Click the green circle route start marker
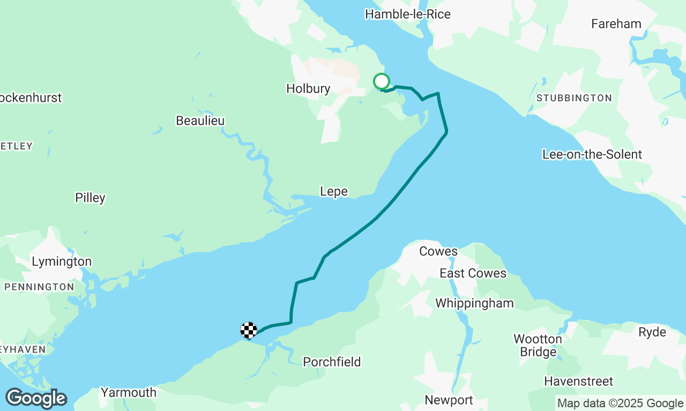[381, 81]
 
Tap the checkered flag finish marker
[249, 331]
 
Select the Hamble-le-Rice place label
[407, 14]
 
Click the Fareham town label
[616, 24]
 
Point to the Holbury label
[308, 88]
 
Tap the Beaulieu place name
[200, 121]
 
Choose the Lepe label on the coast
[333, 192]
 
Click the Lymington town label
[62, 262]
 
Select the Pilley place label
[90, 198]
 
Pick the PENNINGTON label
[39, 287]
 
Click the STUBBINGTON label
[574, 98]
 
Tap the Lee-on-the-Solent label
[592, 155]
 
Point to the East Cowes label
[473, 273]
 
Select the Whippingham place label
[474, 303]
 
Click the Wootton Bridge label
[538, 345]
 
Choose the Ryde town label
[652, 332]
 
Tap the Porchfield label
[332, 362]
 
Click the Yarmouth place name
[129, 393]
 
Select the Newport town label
[449, 400]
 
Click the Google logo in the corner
[36, 399]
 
